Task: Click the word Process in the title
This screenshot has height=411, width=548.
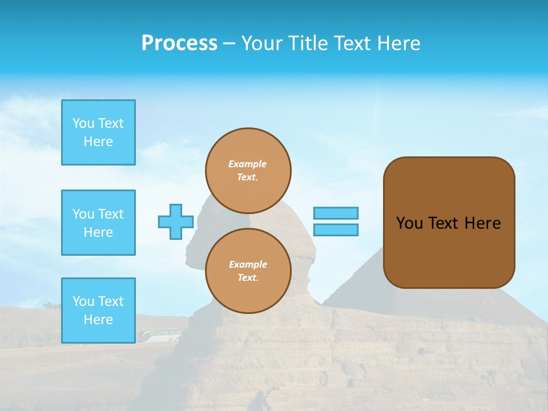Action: tap(179, 43)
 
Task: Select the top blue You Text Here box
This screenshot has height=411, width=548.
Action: tap(98, 132)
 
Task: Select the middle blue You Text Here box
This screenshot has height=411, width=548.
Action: tap(98, 223)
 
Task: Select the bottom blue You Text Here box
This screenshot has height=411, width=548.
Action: tap(98, 310)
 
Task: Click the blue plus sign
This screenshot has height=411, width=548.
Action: tap(176, 221)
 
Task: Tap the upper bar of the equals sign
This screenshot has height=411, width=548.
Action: tap(336, 213)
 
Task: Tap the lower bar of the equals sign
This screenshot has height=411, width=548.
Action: tap(336, 229)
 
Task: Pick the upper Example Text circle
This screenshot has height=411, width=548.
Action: tap(248, 170)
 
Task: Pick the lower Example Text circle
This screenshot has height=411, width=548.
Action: tap(248, 271)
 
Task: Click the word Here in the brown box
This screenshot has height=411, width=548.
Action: tap(482, 223)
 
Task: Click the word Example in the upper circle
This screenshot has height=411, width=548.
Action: tap(247, 164)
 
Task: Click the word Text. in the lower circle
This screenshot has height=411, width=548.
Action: tap(248, 278)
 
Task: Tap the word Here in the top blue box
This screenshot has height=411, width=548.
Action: tap(98, 142)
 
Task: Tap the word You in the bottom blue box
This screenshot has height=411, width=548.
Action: tap(83, 301)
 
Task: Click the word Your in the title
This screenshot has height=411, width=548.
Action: tap(261, 43)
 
